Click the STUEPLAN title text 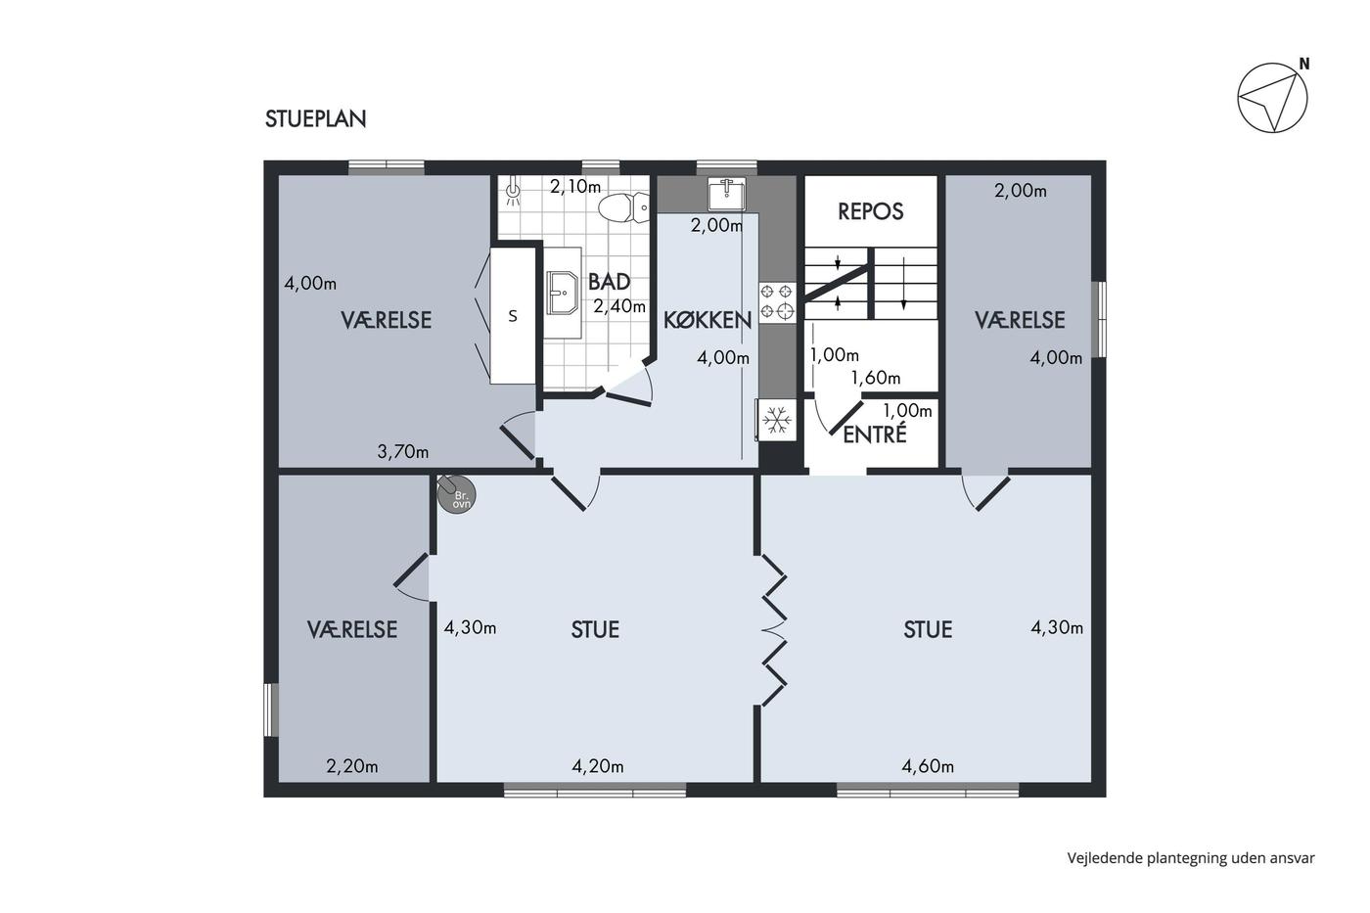[315, 119]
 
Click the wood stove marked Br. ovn [455, 493]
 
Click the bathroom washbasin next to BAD [562, 293]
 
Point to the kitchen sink [726, 194]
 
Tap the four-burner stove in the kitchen [777, 302]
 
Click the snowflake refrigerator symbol [777, 420]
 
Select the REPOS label [870, 211]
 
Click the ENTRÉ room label [875, 434]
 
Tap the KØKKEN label [708, 320]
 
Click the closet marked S [513, 315]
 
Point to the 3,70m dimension [403, 452]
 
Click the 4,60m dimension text [928, 766]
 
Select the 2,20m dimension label [352, 766]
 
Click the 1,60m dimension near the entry [876, 378]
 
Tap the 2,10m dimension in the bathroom [575, 187]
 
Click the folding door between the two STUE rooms [773, 630]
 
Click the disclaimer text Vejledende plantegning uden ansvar [1191, 858]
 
